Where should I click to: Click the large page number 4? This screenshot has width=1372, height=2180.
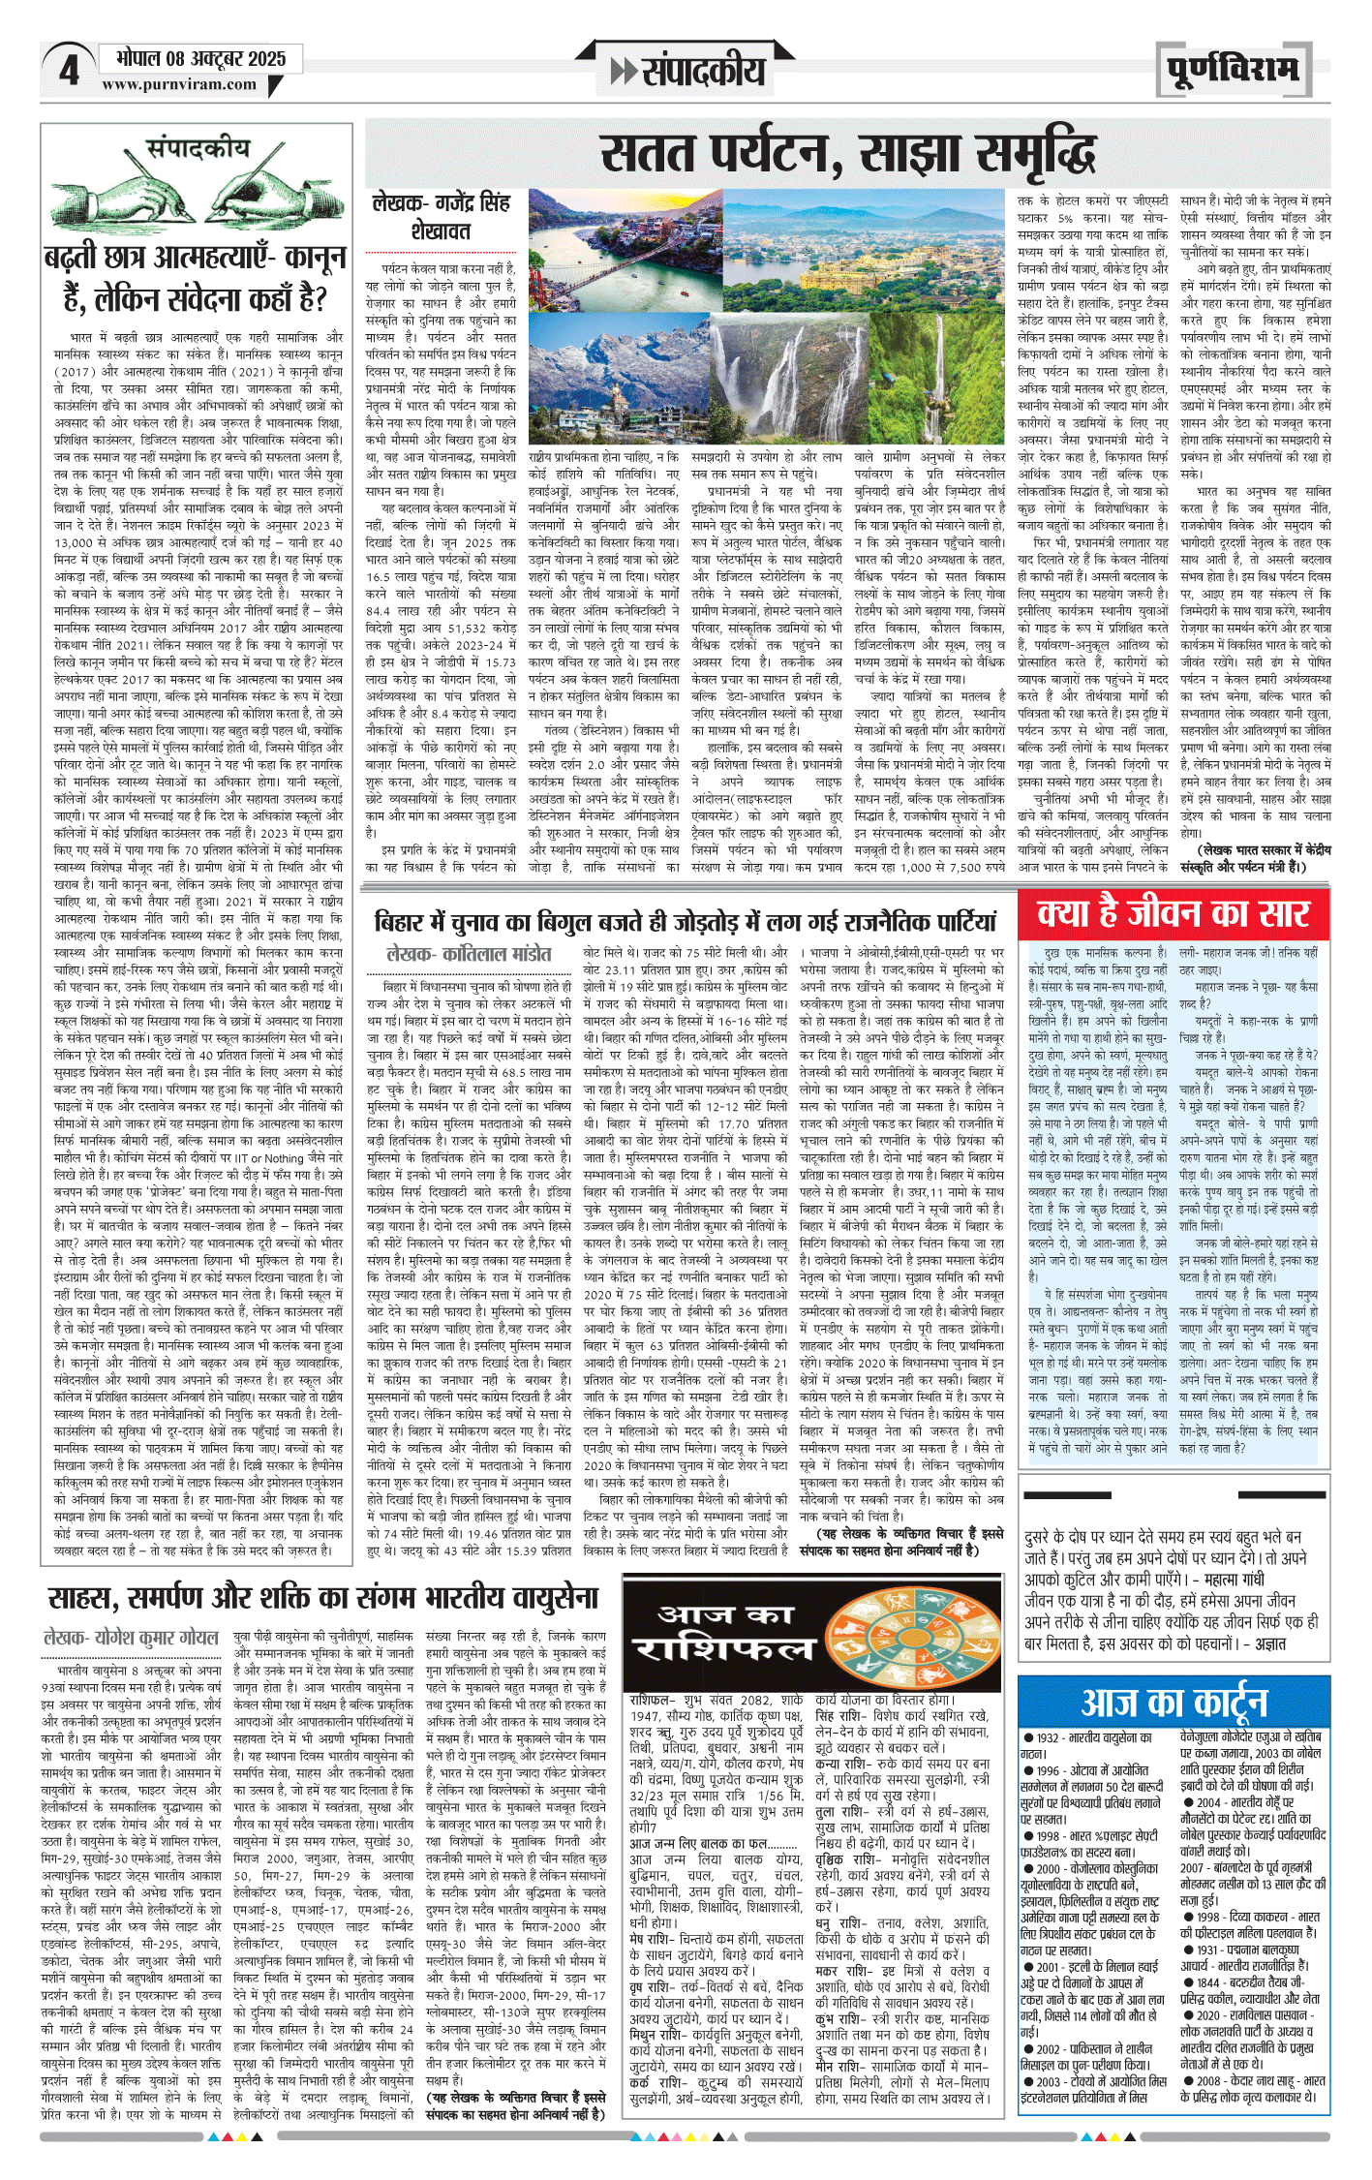click(69, 70)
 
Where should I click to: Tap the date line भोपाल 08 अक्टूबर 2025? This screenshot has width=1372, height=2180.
click(200, 58)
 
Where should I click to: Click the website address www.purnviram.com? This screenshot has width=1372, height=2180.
click(179, 85)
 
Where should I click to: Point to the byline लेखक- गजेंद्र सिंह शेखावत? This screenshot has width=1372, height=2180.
click(441, 217)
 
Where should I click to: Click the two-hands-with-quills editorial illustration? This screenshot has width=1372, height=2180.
click(197, 191)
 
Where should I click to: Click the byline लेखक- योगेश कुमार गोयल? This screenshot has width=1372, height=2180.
click(132, 1638)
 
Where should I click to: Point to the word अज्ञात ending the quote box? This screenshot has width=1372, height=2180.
click(1269, 1643)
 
